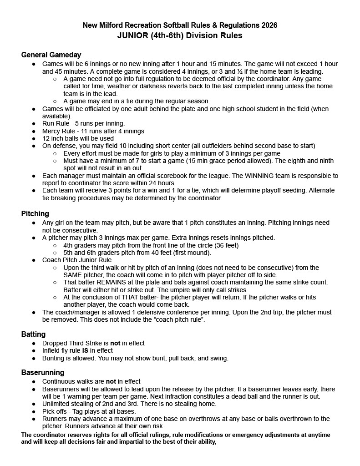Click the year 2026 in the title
(269, 25)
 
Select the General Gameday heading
(51, 55)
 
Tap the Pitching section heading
(35, 214)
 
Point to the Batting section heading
(33, 334)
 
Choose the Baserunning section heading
(43, 372)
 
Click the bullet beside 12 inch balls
(34, 138)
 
